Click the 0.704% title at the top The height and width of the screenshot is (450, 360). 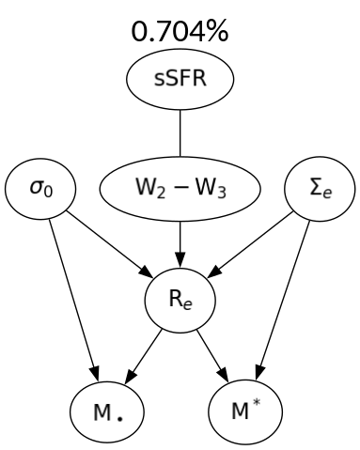(x=179, y=34)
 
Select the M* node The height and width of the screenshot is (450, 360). (x=247, y=411)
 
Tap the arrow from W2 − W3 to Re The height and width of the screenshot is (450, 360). (x=179, y=241)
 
